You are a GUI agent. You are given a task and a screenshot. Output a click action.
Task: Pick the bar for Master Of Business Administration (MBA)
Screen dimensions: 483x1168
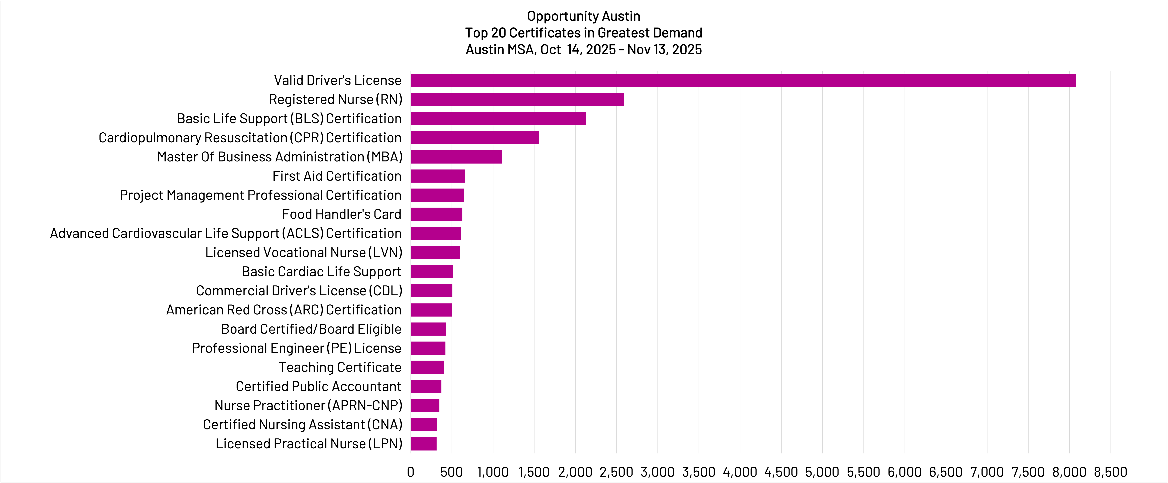[x=456, y=157]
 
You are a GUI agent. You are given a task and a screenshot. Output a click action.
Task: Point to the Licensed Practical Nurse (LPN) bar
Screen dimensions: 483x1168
[x=424, y=443]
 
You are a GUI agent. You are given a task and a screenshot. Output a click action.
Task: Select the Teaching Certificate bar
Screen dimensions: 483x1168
[x=427, y=367]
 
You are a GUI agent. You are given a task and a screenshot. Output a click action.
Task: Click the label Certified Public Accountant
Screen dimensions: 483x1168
[x=318, y=386]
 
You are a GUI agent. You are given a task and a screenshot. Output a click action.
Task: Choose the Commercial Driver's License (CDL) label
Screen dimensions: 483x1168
[x=299, y=290]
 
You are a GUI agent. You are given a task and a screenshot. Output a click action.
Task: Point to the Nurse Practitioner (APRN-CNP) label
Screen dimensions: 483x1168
[x=308, y=405]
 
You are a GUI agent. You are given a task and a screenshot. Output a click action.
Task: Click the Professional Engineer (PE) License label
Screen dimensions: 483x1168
[x=297, y=348]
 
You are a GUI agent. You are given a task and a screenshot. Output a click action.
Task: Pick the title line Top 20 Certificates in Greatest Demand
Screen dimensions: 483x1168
[x=584, y=33]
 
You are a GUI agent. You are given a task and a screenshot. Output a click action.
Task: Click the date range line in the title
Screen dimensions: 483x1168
[x=584, y=49]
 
